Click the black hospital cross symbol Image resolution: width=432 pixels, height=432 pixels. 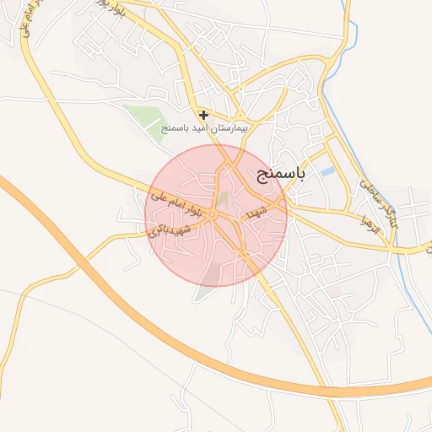tap(203, 114)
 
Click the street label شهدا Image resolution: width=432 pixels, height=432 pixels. tap(256, 212)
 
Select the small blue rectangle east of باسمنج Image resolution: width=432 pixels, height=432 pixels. tap(328, 172)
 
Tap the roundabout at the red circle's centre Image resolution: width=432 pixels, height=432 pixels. tap(215, 216)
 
